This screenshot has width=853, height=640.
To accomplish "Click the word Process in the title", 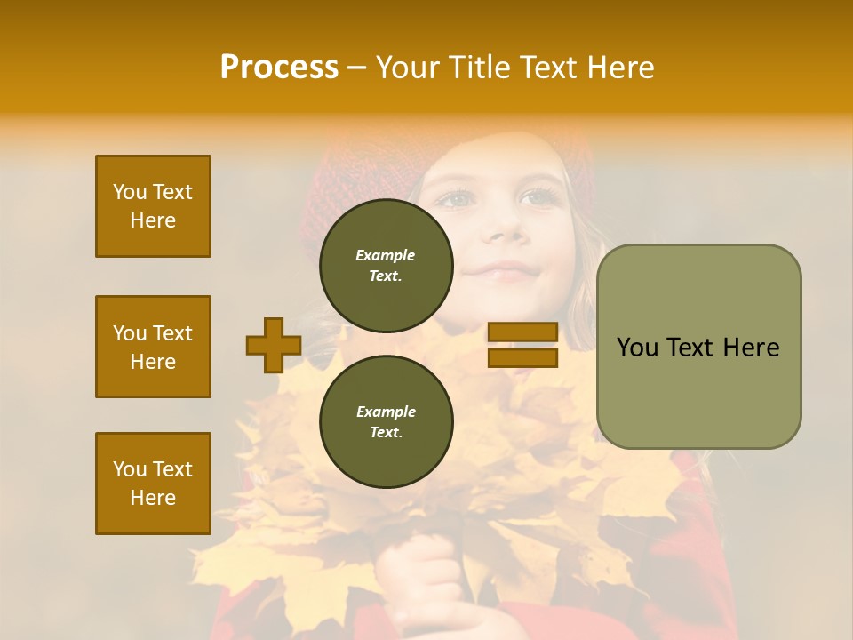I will coord(279,68).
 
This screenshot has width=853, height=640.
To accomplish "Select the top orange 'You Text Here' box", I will coord(153,206).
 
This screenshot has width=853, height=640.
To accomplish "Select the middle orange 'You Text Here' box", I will coord(153,347).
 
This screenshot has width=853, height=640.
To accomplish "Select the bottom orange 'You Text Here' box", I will coord(153,484).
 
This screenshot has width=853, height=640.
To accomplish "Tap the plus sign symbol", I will coord(274,345).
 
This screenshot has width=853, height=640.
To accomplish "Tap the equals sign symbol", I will coord(523,345).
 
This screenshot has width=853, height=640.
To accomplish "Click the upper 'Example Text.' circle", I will coord(386,266).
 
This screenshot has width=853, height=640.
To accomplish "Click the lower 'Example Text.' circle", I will coord(386,421).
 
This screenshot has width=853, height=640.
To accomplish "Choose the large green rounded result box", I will coord(698,347).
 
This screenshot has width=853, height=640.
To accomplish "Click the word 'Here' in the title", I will coord(621,68).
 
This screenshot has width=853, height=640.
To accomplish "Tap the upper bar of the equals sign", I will coord(523,332).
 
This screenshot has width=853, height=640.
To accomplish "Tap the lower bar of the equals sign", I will coord(523,358).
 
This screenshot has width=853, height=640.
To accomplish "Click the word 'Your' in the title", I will coord(408,68).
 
